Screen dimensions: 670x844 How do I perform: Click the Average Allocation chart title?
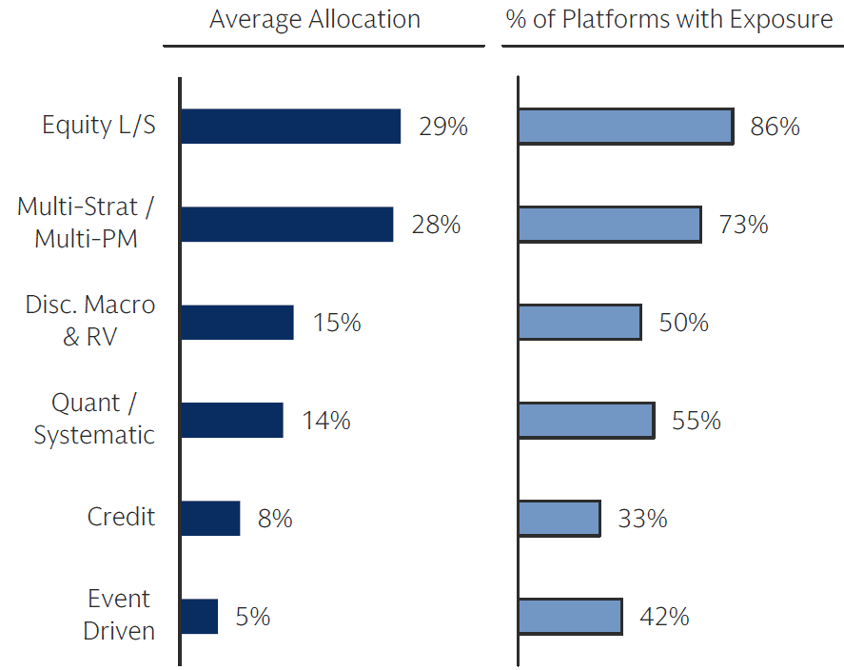(x=315, y=20)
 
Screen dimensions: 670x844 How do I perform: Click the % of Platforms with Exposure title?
(x=670, y=20)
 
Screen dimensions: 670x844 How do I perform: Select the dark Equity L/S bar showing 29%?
(x=290, y=126)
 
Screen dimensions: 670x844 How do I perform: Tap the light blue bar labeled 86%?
(x=625, y=126)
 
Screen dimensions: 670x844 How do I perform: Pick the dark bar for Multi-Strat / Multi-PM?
(x=286, y=224)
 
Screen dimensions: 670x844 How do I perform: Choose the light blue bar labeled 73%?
(x=610, y=224)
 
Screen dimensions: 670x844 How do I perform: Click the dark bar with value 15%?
(x=237, y=323)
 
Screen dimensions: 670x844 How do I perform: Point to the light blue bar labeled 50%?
(x=579, y=323)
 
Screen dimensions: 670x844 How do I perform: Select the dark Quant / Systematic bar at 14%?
(x=231, y=420)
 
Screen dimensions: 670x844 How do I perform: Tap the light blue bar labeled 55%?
(x=586, y=420)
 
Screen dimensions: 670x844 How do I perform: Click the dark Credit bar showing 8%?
(x=210, y=519)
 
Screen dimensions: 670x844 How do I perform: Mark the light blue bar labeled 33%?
(x=559, y=519)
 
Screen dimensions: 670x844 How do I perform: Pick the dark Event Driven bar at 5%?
(x=199, y=616)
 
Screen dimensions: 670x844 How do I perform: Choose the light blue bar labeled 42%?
(x=570, y=616)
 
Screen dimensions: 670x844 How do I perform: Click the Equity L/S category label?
(x=98, y=126)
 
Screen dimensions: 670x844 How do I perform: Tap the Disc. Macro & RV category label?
(x=89, y=322)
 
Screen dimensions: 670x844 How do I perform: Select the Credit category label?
(x=121, y=517)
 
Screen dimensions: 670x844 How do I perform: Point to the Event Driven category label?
(x=119, y=615)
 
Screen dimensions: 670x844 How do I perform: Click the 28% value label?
(x=436, y=225)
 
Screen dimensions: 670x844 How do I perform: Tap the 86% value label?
(x=775, y=127)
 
